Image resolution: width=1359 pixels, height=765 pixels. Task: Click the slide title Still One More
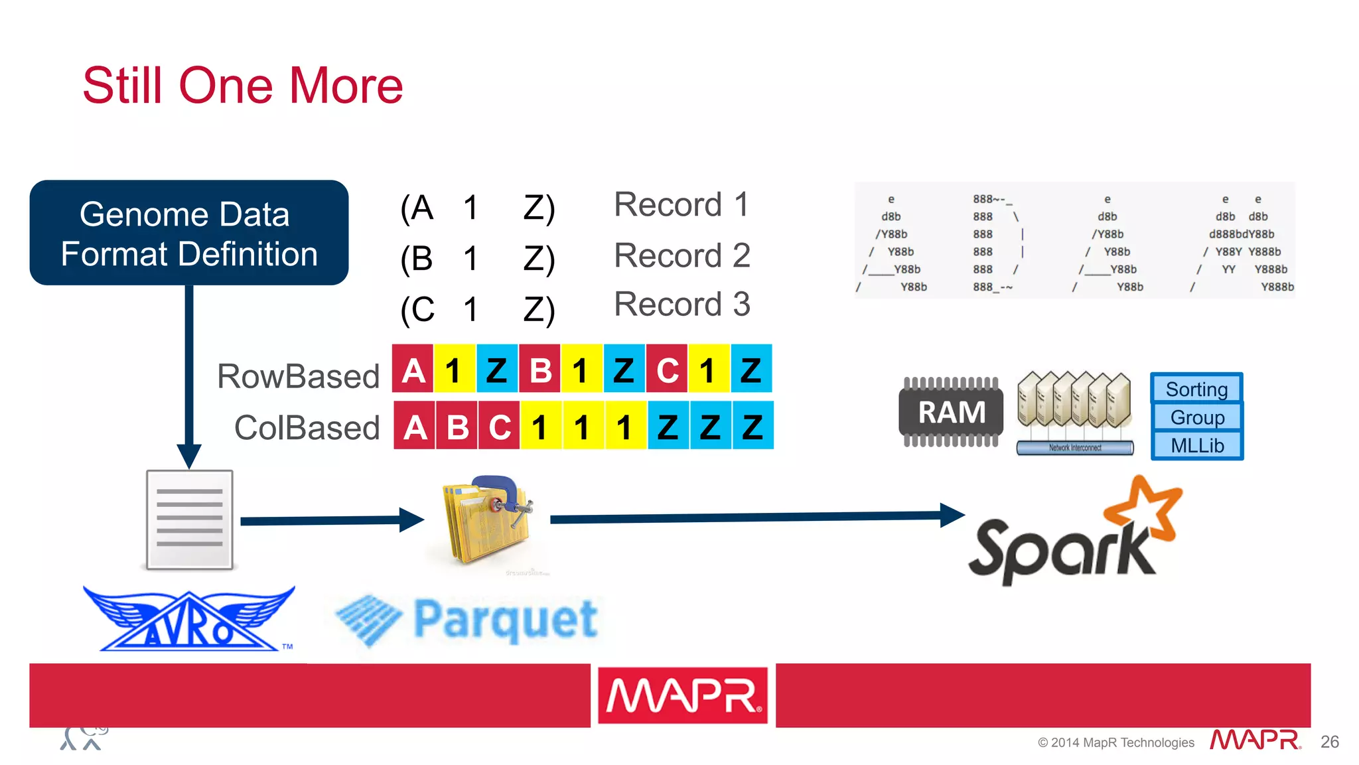pyautogui.click(x=242, y=86)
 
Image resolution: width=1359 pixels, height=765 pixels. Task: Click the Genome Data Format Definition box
pyautogui.click(x=189, y=233)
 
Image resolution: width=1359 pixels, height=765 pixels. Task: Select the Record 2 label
pyautogui.click(x=681, y=255)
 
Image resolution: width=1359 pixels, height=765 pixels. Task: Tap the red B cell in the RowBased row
pyautogui.click(x=540, y=370)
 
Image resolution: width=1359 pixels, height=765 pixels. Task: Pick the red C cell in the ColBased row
pyautogui.click(x=499, y=427)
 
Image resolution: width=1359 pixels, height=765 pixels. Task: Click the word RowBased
pyautogui.click(x=298, y=376)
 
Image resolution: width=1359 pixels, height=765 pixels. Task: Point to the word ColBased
pyautogui.click(x=307, y=427)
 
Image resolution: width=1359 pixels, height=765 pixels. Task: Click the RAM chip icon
pyautogui.click(x=951, y=412)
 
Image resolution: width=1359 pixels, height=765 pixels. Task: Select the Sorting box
pyautogui.click(x=1196, y=389)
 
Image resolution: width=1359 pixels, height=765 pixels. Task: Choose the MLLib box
pyautogui.click(x=1196, y=445)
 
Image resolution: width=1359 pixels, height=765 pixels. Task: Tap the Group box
pyautogui.click(x=1196, y=417)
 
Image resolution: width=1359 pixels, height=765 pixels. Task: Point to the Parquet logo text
pyautogui.click(x=506, y=620)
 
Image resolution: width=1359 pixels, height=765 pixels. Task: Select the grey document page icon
pyautogui.click(x=190, y=520)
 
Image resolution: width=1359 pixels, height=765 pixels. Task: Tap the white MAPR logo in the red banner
pyautogui.click(x=683, y=695)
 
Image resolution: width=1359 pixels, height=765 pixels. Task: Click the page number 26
pyautogui.click(x=1329, y=742)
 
